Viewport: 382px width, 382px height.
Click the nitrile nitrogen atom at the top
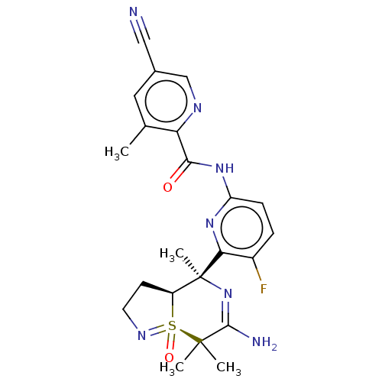133,12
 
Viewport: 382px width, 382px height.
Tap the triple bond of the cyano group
140,30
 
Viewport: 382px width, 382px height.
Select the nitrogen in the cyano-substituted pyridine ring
197,108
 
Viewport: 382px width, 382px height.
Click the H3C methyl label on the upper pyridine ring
117,152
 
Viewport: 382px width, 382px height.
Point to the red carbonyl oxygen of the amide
167,188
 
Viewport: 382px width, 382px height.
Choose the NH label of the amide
225,168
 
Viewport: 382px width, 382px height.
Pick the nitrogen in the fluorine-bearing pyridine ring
209,223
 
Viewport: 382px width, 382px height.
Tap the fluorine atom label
264,289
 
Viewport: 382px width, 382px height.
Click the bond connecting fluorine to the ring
257,270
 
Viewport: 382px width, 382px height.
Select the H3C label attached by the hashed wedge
172,254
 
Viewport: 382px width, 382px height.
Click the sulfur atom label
173,325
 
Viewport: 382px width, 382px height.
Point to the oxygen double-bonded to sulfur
169,358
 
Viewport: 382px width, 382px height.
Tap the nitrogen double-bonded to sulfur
141,335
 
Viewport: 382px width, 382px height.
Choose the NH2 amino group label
264,342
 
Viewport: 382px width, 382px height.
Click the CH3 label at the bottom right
228,368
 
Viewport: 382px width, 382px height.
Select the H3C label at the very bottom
172,368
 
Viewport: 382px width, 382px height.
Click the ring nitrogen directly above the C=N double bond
228,293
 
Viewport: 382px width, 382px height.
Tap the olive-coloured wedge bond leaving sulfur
191,336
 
